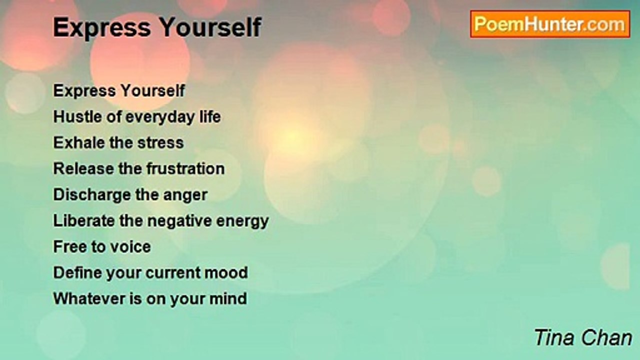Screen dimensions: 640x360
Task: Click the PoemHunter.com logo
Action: coord(550,24)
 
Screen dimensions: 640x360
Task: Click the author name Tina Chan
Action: coord(583,337)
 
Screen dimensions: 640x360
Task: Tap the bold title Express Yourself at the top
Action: coord(157,27)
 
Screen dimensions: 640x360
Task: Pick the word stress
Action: coord(160,143)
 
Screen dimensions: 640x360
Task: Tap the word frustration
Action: coord(185,168)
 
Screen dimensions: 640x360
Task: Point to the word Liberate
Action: coord(84,220)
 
